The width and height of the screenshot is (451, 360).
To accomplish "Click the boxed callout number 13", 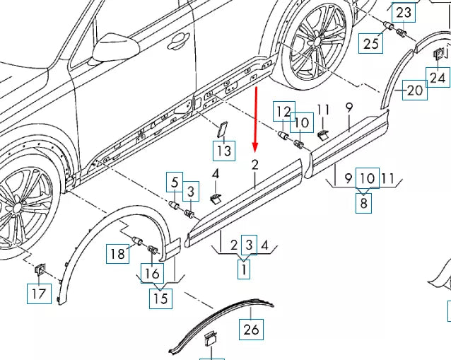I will point(223,150).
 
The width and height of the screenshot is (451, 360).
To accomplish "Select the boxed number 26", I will point(251,329).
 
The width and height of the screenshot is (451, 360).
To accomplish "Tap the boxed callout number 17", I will point(40,291).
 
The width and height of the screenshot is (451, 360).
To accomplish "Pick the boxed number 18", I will point(118,252).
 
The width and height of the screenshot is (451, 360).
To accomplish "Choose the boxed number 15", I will point(160,298).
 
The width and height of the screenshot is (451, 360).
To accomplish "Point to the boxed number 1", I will point(245,269).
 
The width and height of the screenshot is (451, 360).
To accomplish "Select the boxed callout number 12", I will point(283,111).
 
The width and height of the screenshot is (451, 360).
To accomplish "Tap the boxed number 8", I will point(364,204).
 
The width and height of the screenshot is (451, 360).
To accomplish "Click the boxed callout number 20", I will point(414,91).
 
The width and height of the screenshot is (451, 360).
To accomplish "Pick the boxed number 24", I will point(438,77).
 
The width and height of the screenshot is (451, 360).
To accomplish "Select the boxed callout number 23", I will point(403,12).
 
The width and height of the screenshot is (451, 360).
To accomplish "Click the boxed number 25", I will point(371,44).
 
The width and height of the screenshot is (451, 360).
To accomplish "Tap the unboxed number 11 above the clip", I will point(323,110).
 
